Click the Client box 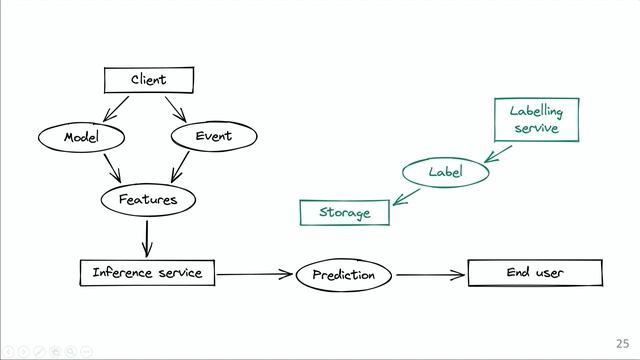149,79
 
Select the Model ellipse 80,136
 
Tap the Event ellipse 213,136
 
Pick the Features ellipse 147,199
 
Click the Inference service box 147,272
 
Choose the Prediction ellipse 343,274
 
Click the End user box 535,272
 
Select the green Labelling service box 537,120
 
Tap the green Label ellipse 445,172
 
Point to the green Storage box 344,212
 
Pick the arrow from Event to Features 183,165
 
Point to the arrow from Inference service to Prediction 256,273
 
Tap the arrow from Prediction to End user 430,274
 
